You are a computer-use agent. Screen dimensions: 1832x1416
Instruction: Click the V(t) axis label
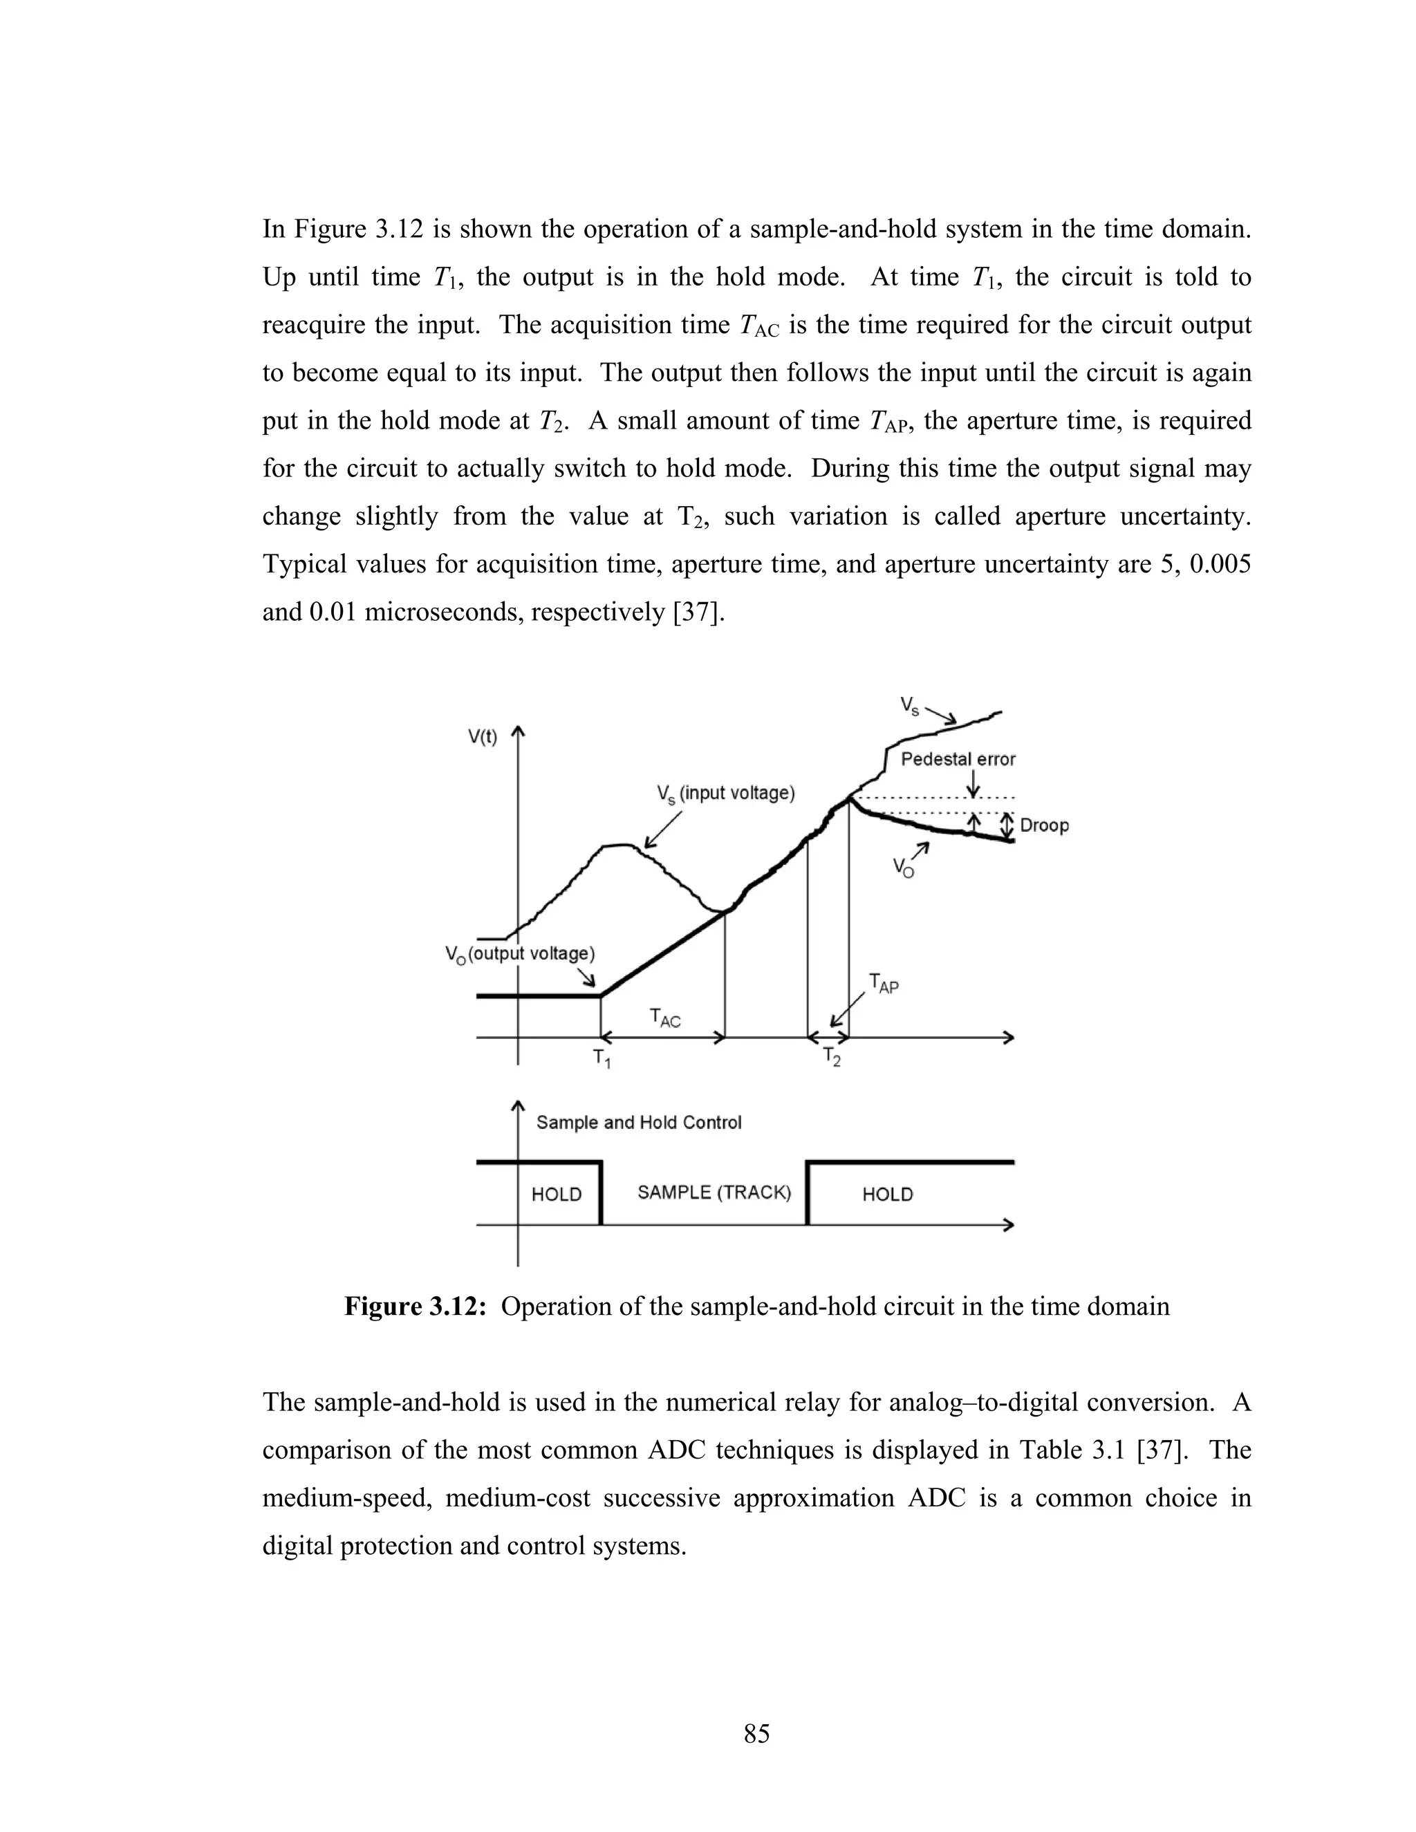click(483, 738)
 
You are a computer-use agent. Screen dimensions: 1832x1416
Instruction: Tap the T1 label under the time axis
click(602, 1059)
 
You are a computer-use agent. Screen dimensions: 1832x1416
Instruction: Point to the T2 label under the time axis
click(831, 1058)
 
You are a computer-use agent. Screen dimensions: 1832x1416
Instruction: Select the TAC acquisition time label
click(665, 1018)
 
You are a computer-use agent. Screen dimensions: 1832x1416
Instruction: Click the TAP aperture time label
click(884, 983)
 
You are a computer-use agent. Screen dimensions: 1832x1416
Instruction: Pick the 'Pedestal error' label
click(958, 760)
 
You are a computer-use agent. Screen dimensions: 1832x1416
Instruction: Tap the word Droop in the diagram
click(1045, 825)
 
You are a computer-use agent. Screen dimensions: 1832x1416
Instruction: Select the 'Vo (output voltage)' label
click(520, 955)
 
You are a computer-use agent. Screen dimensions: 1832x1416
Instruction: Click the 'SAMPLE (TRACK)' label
click(714, 1193)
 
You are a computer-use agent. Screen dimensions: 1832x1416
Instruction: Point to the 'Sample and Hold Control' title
click(640, 1122)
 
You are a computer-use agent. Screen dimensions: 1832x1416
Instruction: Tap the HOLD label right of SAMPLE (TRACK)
click(888, 1195)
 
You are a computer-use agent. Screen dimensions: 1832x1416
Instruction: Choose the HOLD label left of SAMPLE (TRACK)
click(556, 1195)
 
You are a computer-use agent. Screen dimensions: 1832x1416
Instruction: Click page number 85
click(756, 1733)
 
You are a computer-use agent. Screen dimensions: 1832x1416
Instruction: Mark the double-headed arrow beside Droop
click(1007, 826)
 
